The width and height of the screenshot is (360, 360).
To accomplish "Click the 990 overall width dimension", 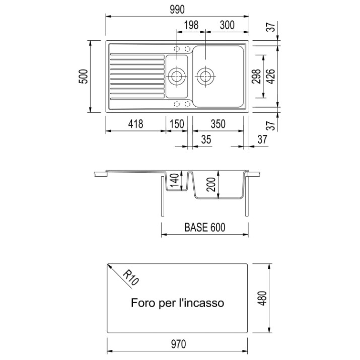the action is (177, 10).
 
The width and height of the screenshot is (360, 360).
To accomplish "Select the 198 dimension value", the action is (191, 25).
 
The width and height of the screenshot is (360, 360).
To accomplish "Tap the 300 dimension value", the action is (227, 25).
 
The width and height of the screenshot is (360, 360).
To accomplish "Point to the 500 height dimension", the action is (83, 77).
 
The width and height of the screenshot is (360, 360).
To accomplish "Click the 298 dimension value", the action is (256, 77).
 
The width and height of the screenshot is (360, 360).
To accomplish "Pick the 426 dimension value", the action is (271, 77).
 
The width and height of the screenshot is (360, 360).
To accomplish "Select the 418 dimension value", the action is (135, 124).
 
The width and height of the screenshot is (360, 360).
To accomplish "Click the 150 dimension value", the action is (177, 124).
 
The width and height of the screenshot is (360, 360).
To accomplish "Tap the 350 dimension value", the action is (218, 124).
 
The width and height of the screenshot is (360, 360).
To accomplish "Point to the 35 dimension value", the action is (206, 139).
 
